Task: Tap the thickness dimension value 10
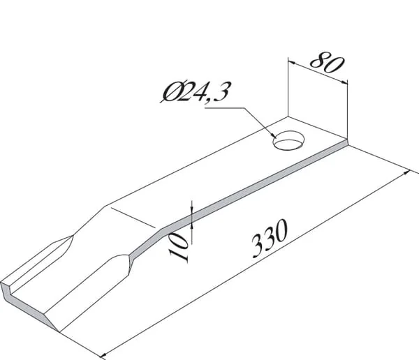(x=179, y=246)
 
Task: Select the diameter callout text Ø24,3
(x=195, y=92)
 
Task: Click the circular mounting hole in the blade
(x=289, y=140)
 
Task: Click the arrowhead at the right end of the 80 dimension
(x=345, y=82)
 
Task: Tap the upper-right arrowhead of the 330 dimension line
(x=406, y=172)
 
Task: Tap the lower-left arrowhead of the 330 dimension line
(x=103, y=355)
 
